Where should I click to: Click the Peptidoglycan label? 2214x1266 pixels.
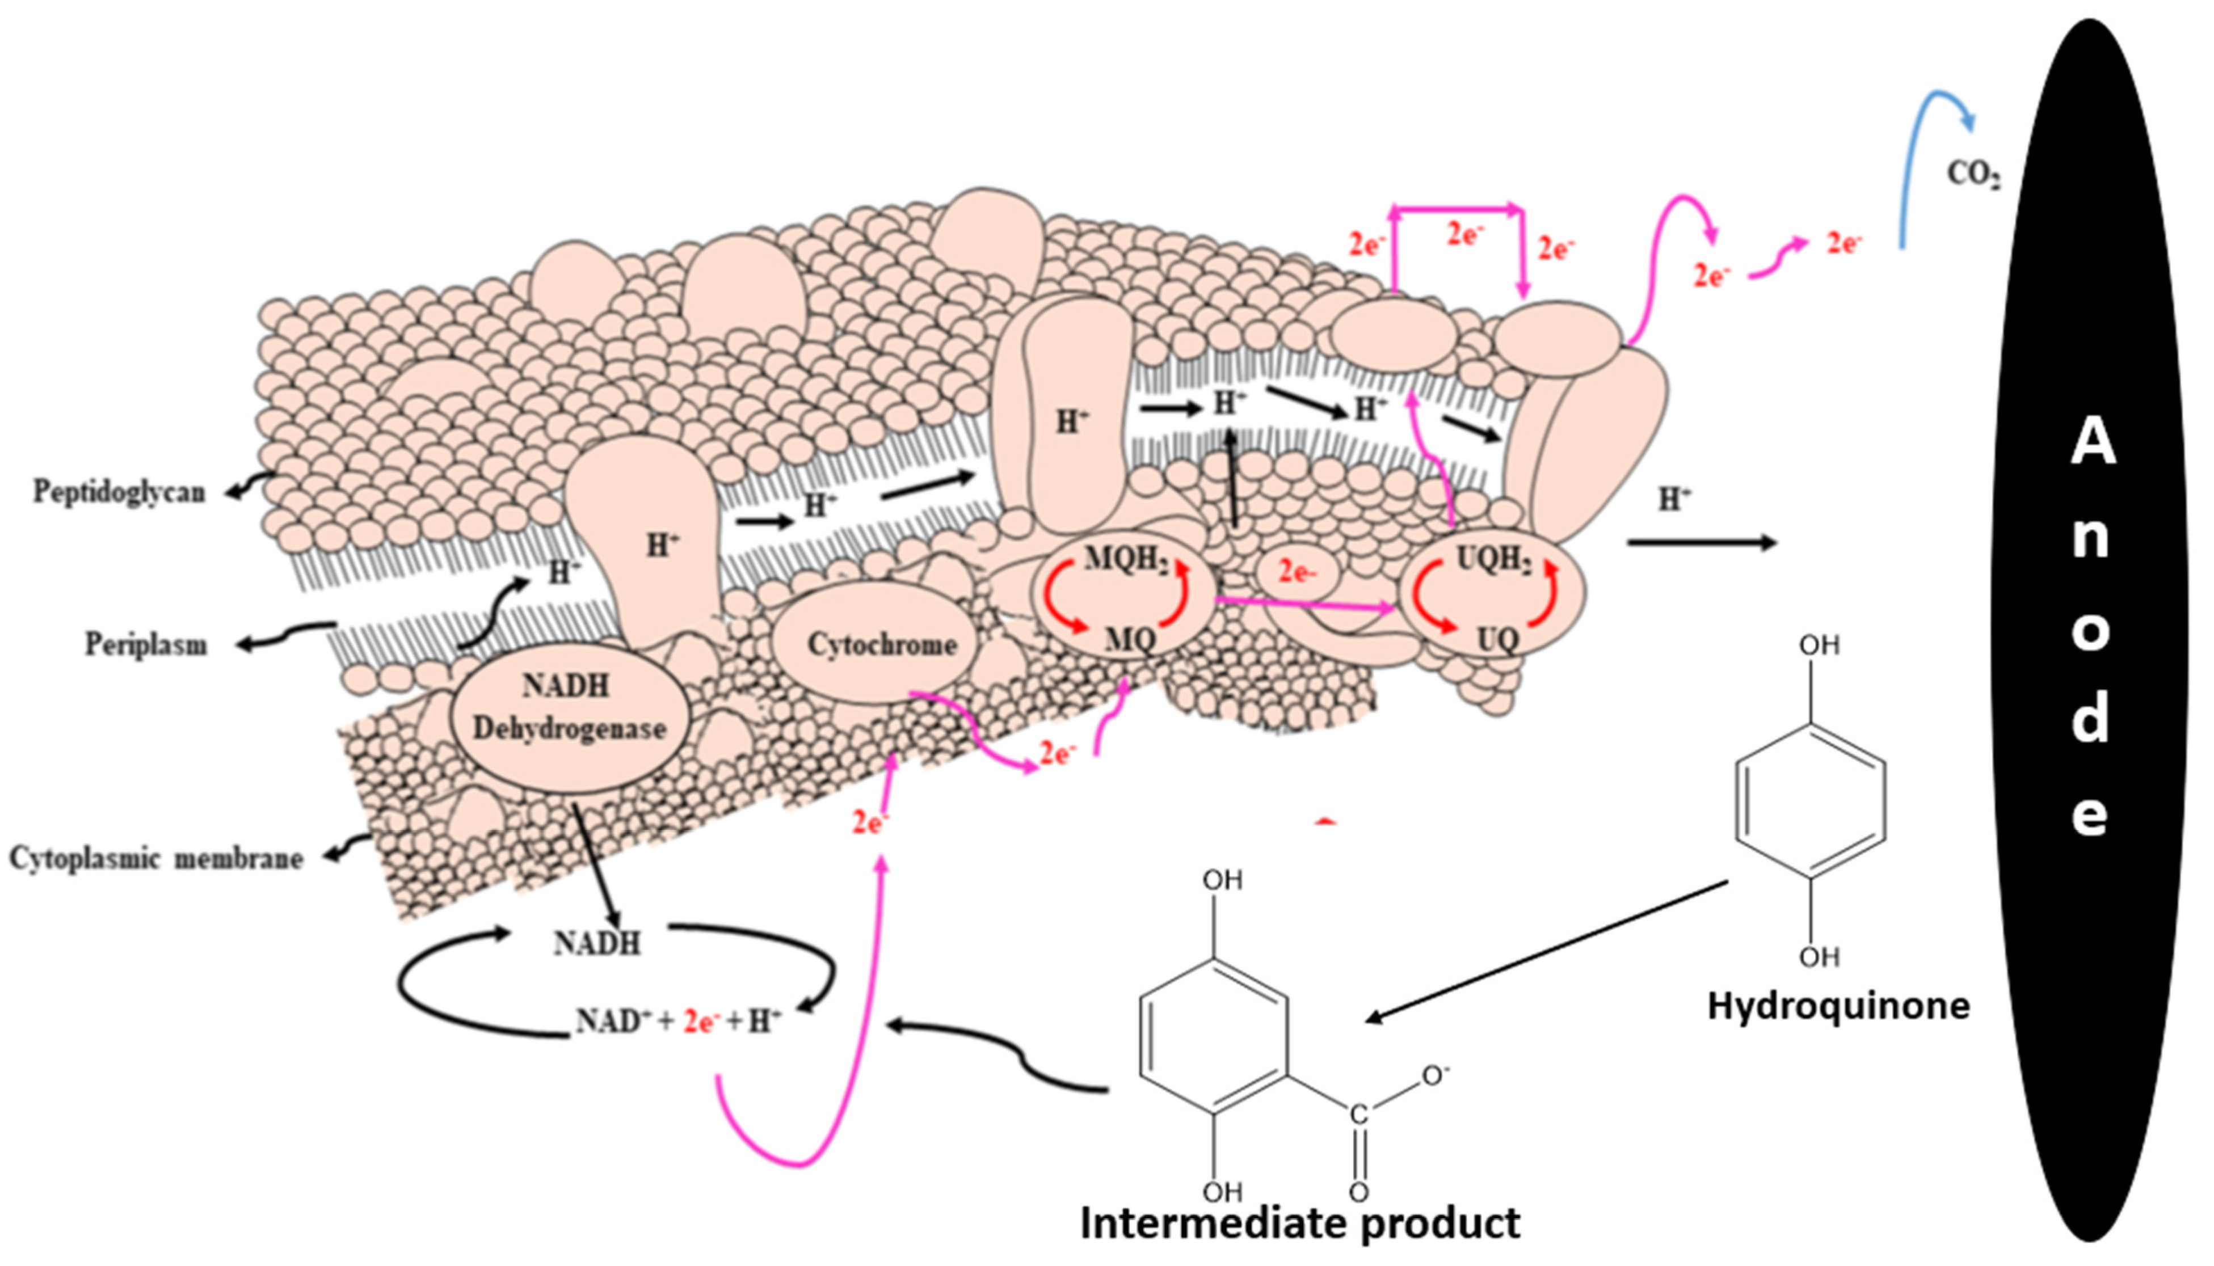coord(119,492)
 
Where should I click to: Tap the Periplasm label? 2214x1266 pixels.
coord(146,645)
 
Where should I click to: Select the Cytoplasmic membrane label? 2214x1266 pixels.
coord(157,858)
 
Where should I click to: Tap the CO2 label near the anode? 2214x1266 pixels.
coord(1972,175)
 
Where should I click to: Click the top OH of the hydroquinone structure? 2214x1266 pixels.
coord(1819,646)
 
